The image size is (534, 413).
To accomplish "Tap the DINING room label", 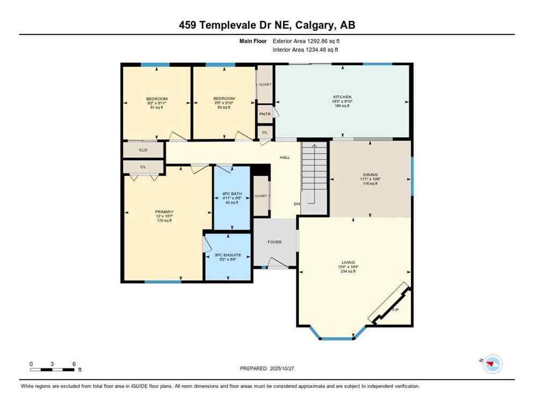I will (370, 175).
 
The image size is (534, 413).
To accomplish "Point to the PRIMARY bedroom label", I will (164, 212).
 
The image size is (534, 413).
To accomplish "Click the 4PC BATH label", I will (232, 193).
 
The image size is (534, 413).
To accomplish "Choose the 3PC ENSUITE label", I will (228, 254).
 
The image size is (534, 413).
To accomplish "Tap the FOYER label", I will (275, 242).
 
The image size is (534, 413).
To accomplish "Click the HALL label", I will (284, 158).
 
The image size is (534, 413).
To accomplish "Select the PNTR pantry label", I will (264, 114).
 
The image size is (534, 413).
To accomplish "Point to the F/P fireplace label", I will (395, 310).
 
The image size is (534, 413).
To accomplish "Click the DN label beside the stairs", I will (296, 204).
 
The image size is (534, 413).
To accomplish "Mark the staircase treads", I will (314, 167).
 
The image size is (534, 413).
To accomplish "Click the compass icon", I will (492, 364).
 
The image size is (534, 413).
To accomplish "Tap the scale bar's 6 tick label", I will (73, 364).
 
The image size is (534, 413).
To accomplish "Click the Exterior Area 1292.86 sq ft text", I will (306, 41).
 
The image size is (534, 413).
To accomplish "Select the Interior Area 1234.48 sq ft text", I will (305, 50).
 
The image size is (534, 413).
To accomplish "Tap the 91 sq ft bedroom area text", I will (156, 108).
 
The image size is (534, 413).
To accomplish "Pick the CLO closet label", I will (143, 150).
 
